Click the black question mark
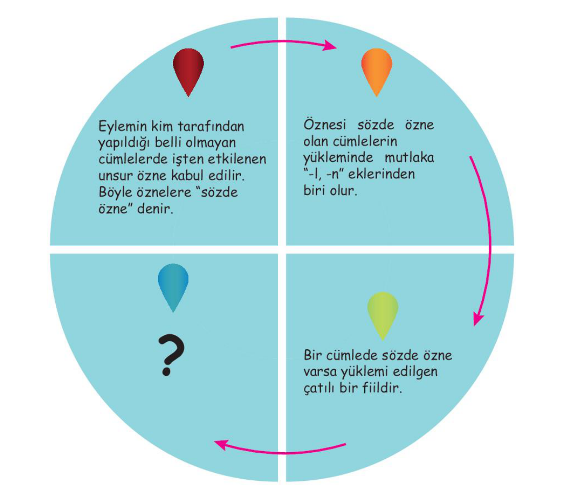(170, 355)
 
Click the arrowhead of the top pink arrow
(330, 46)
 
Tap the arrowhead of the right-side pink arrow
(478, 318)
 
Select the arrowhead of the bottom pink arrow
(221, 444)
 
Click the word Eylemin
(123, 127)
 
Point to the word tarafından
(211, 126)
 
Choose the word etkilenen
(237, 159)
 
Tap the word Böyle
(115, 193)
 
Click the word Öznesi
(325, 124)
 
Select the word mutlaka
(409, 158)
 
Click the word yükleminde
(338, 158)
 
